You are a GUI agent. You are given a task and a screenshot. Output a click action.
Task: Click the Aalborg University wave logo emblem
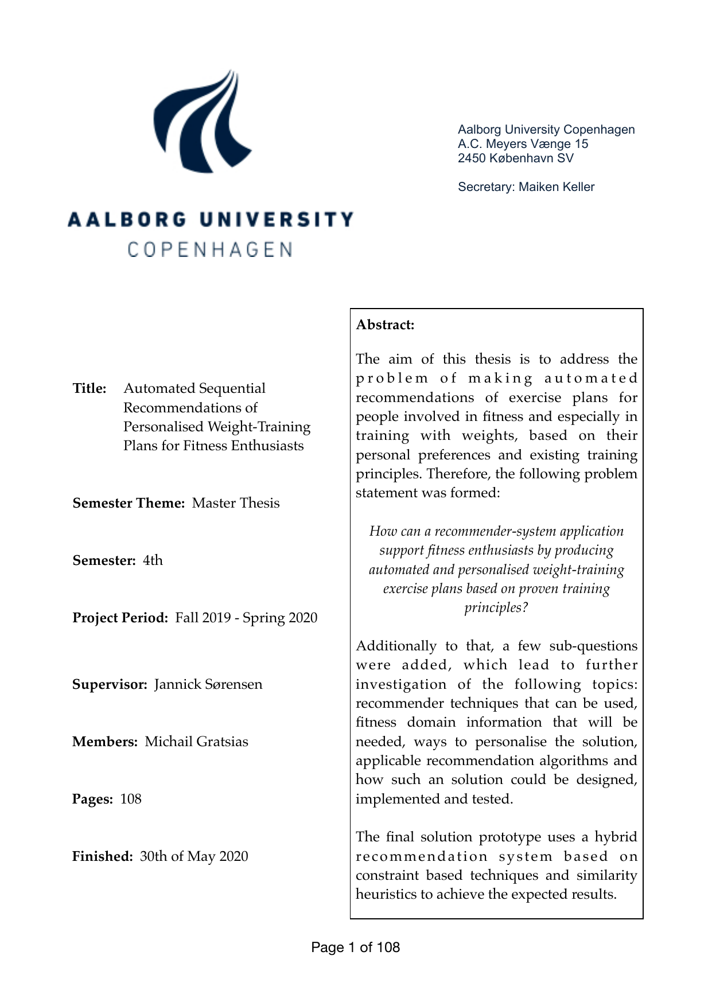coord(201,122)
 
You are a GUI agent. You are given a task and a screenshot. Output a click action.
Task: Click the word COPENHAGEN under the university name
coord(210,250)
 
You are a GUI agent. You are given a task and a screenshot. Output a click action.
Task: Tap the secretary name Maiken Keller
coord(557,187)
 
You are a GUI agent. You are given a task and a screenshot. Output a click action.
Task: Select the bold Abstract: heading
coord(385,325)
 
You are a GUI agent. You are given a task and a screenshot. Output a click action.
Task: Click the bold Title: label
coord(90,388)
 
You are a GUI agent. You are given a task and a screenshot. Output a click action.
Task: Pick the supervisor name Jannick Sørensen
coord(208,684)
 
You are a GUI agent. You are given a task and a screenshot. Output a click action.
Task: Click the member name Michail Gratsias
coord(196,742)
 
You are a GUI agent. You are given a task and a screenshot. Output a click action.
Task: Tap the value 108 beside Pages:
coord(131,799)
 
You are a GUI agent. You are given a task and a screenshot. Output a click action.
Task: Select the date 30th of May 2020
coord(194,856)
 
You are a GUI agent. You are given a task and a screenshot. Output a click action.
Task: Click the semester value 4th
coord(153,560)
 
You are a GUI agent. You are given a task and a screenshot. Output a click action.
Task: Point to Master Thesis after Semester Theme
coord(236,503)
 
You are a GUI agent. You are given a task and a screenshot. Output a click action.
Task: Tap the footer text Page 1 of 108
coord(355,947)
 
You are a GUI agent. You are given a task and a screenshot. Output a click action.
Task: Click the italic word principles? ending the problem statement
coord(496,608)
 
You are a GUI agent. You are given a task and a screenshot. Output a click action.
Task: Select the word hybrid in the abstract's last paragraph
coord(616,837)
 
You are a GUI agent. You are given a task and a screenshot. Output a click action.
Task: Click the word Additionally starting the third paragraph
coord(396,646)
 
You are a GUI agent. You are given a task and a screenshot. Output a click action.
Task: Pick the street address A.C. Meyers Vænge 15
coord(523,144)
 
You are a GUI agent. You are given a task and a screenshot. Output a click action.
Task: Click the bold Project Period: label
coord(120,618)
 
